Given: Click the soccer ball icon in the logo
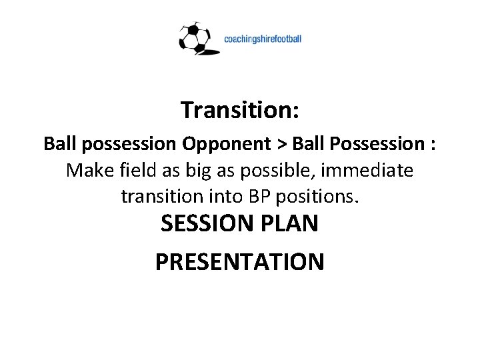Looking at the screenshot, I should click(194, 38).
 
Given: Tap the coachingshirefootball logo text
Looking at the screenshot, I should click(263, 39).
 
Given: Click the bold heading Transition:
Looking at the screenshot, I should click(240, 109).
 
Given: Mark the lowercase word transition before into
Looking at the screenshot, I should click(157, 197).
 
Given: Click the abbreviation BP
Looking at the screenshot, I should click(253, 197).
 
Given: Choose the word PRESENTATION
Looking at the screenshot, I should click(240, 261).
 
